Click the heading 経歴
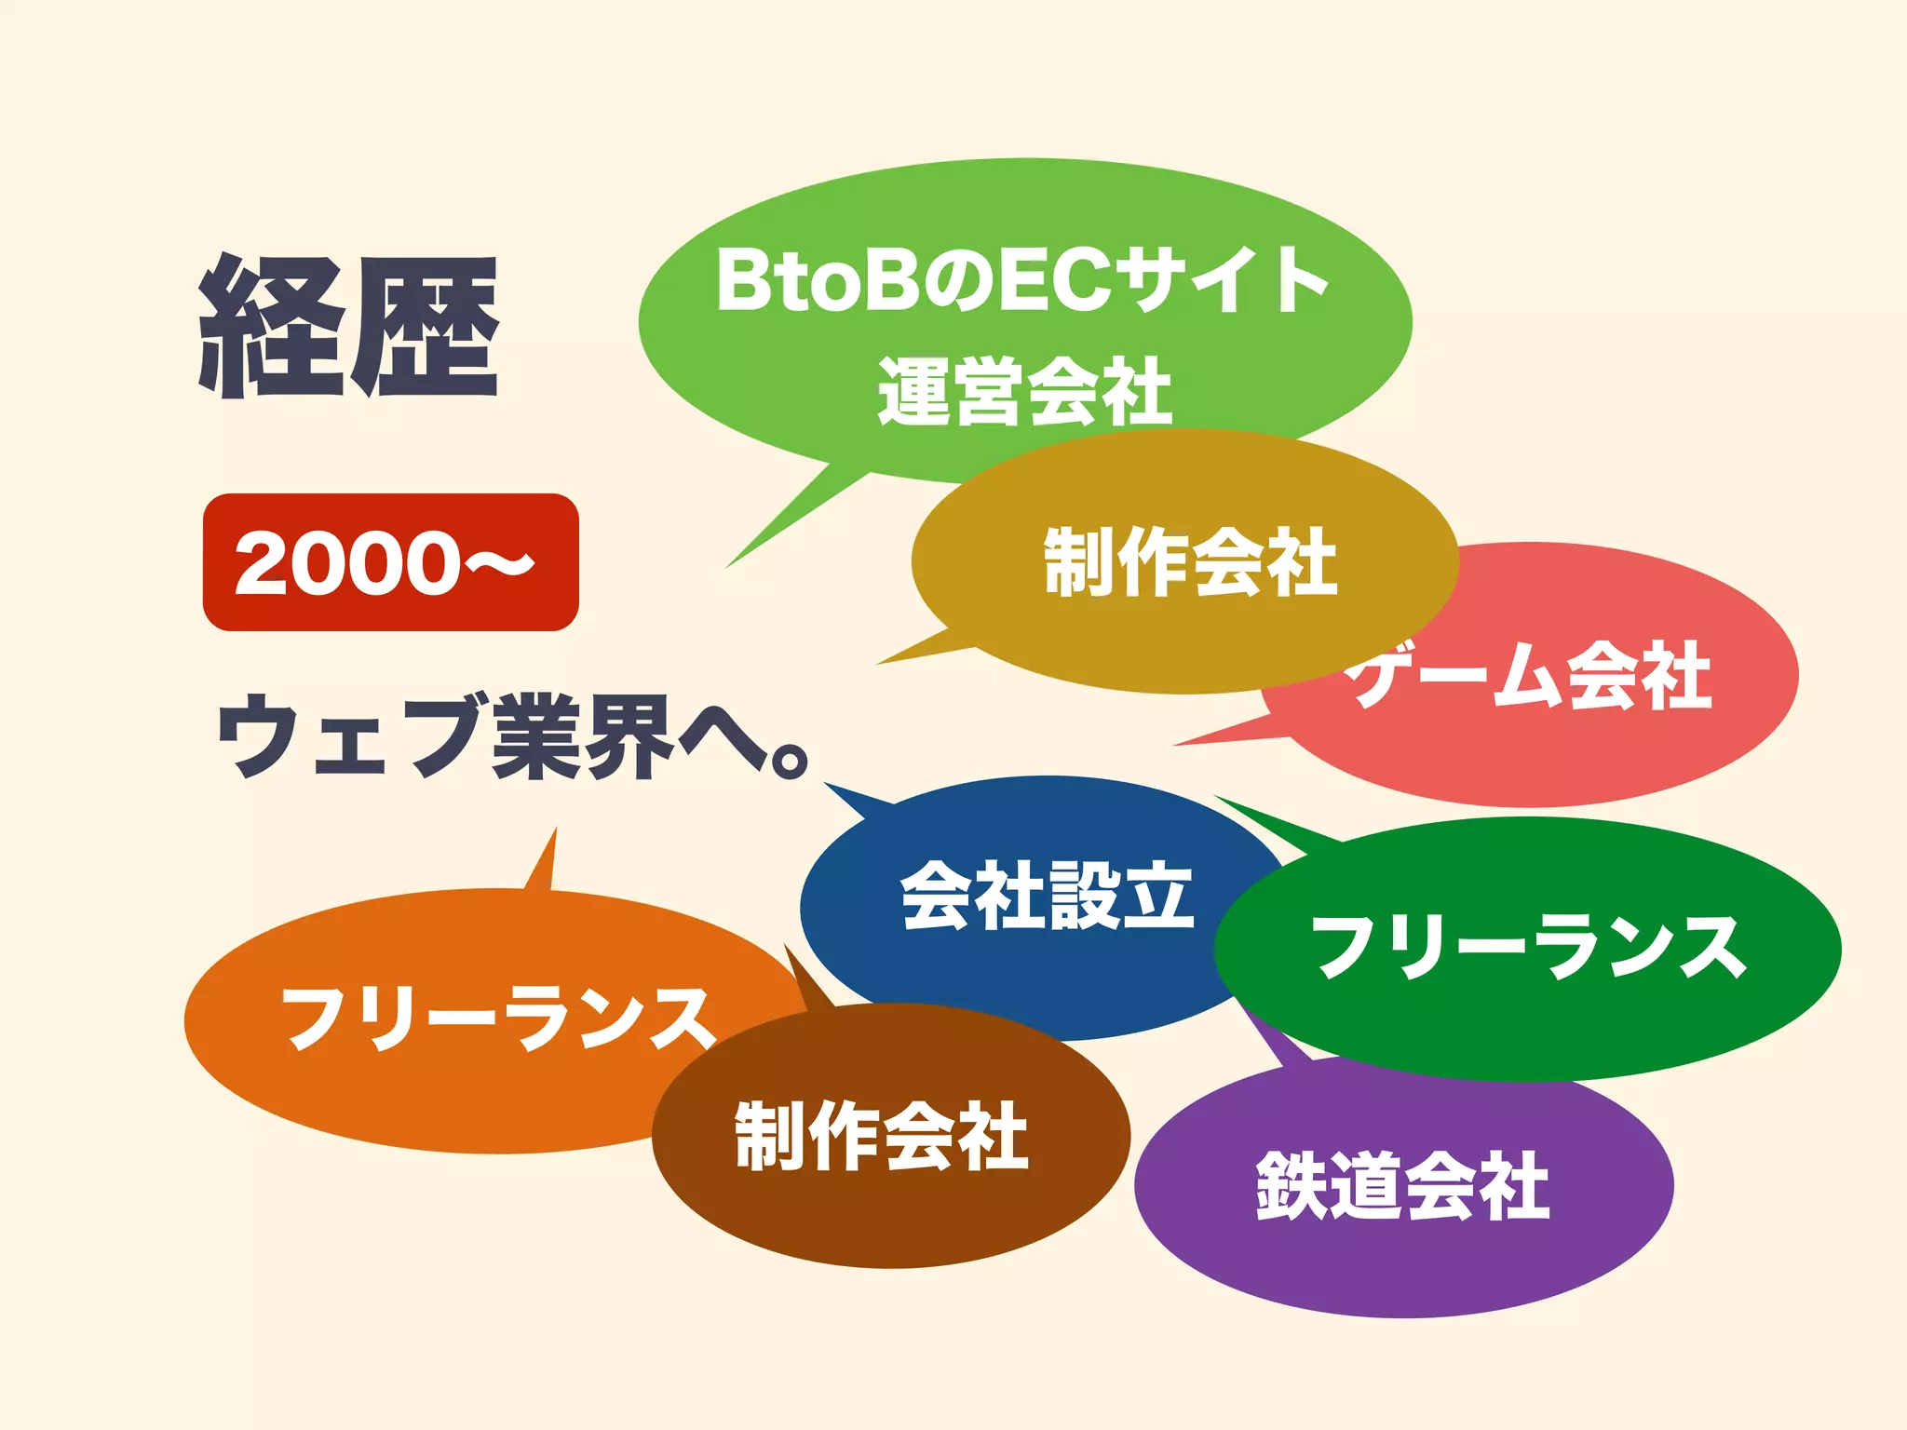pos(349,327)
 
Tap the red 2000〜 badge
pos(390,562)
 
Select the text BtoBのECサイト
pos(1022,280)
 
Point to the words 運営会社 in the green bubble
pos(1024,391)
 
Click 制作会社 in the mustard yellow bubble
pos(1190,561)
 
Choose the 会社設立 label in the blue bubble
pos(1047,895)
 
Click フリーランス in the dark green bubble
pos(1528,947)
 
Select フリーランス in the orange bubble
pos(498,1019)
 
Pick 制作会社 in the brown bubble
pos(881,1135)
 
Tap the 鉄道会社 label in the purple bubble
pos(1402,1185)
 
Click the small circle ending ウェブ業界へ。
pos(790,760)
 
